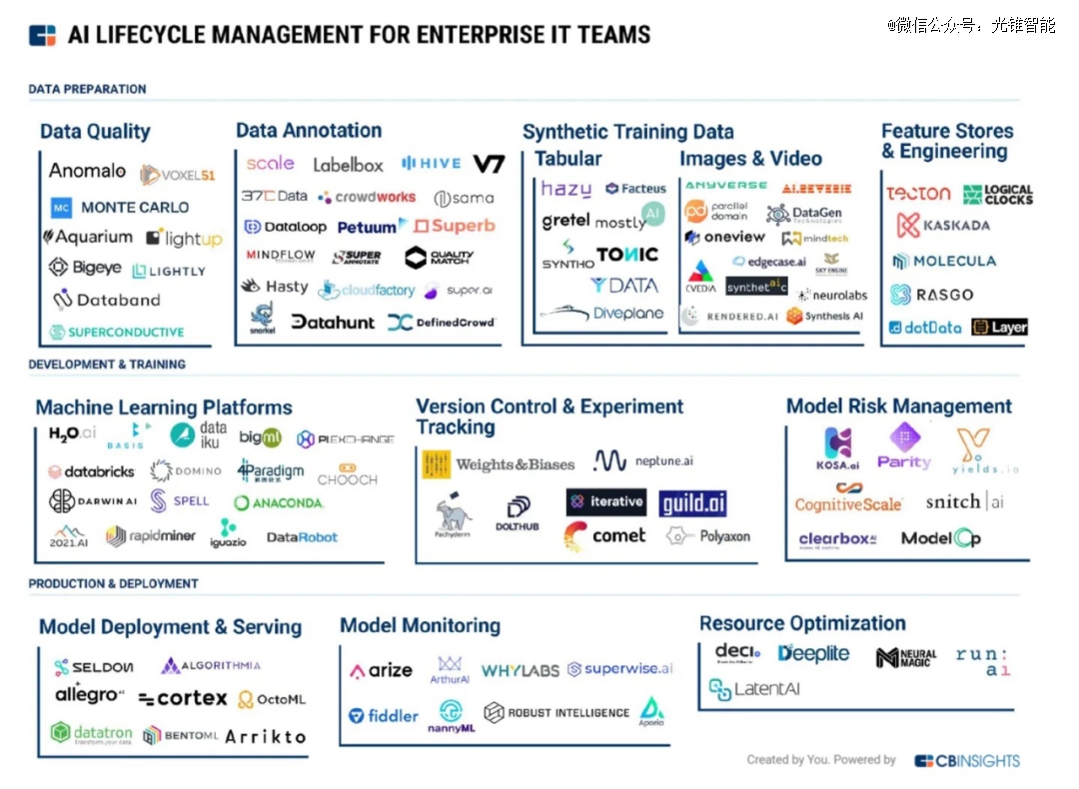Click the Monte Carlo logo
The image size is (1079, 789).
[x=120, y=208]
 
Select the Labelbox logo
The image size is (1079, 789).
[x=348, y=165]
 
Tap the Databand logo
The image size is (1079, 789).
[x=106, y=300]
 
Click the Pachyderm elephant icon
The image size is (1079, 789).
[x=454, y=514]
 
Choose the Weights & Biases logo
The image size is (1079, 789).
[x=499, y=464]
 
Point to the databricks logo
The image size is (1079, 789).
[x=92, y=471]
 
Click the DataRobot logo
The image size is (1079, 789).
[x=302, y=537]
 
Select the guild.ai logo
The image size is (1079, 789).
[x=693, y=503]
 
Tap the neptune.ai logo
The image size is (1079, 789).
[x=642, y=460]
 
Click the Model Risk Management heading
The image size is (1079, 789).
[x=898, y=406]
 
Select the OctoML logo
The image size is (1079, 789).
[x=272, y=700]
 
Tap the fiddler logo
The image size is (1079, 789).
[x=384, y=715]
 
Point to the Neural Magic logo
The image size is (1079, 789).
[x=906, y=658]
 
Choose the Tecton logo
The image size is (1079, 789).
[x=918, y=193]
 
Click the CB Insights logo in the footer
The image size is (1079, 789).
[x=966, y=761]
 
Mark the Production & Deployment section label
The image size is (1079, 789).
[x=113, y=583]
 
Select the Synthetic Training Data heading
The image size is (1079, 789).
[x=627, y=132]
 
